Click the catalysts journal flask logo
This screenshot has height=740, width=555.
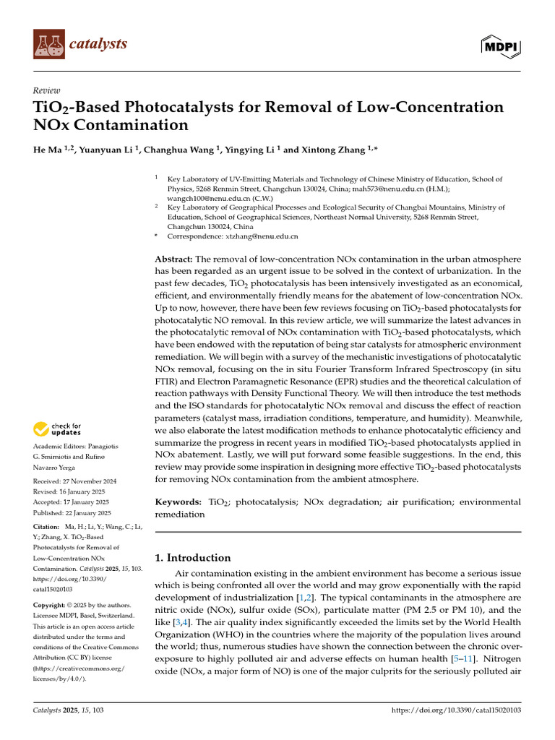48,44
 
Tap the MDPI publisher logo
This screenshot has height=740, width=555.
502,46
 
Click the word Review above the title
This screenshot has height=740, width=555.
46,91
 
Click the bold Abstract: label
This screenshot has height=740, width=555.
174,259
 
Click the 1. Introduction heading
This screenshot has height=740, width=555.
193,557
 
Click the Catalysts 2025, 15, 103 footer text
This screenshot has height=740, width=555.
69,711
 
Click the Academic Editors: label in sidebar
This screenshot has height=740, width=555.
59,448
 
